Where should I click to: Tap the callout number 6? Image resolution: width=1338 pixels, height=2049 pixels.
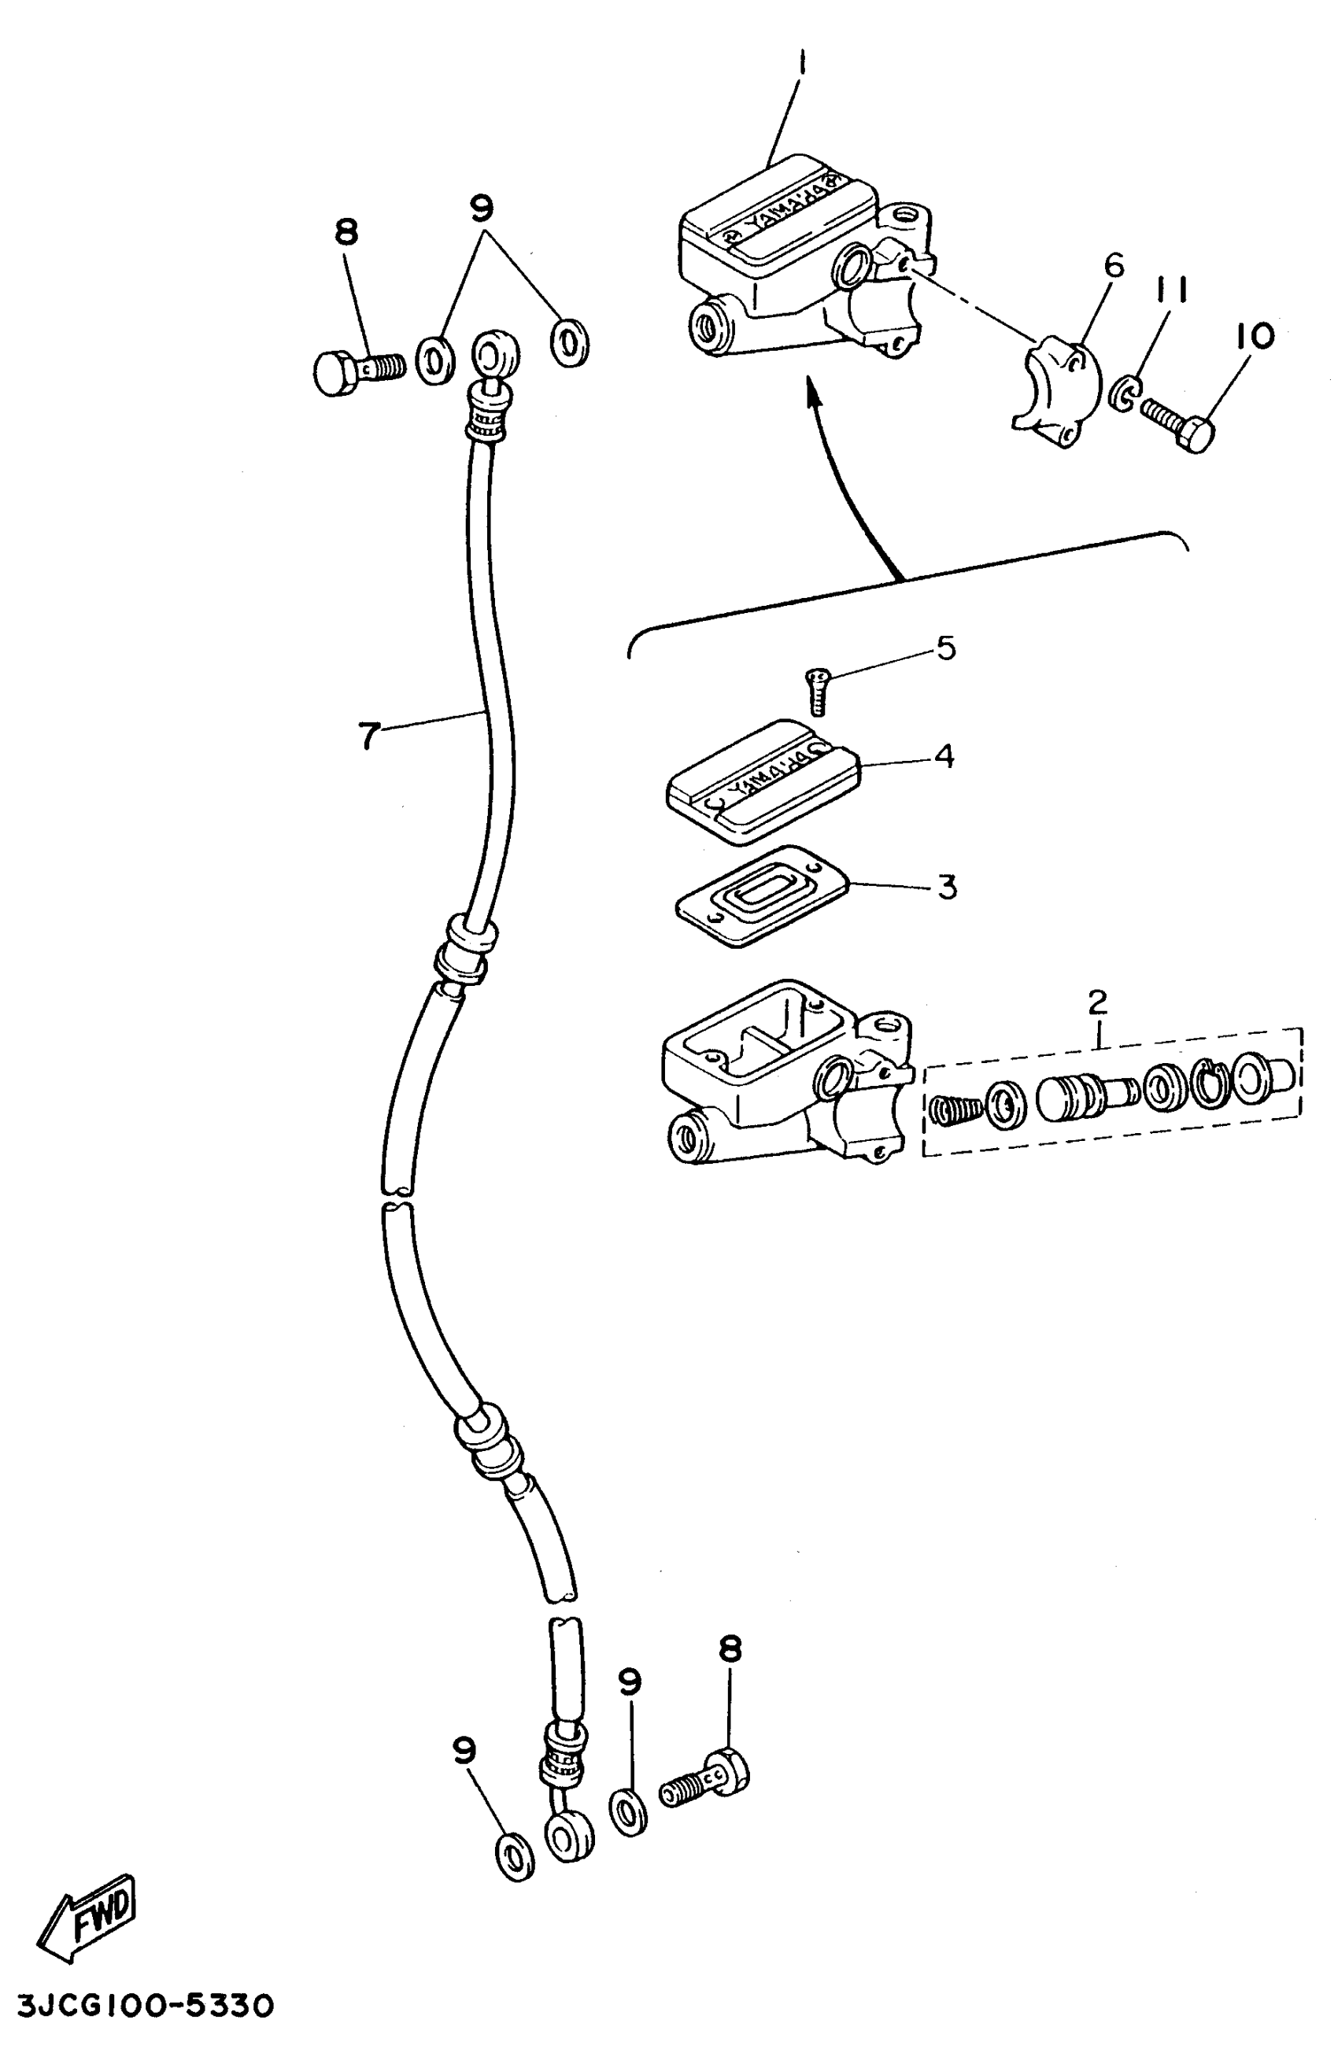pyautogui.click(x=1113, y=266)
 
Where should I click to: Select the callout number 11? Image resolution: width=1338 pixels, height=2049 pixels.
pyautogui.click(x=1172, y=290)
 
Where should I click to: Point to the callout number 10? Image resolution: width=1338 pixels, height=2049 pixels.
pyautogui.click(x=1255, y=336)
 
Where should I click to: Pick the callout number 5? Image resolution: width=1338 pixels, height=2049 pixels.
pyautogui.click(x=946, y=648)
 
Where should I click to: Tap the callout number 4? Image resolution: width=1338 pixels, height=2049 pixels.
pyautogui.click(x=944, y=756)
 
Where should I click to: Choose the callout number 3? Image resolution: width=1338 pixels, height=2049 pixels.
pyautogui.click(x=947, y=886)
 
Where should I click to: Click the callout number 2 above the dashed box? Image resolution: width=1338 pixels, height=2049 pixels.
pyautogui.click(x=1097, y=1001)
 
